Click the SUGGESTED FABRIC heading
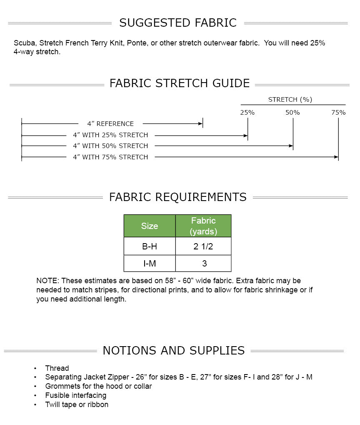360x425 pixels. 178,23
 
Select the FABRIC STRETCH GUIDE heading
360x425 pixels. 180,83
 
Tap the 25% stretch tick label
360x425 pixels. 247,113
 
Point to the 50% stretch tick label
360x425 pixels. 292,113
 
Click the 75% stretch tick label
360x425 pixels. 338,113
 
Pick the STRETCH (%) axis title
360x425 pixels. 290,100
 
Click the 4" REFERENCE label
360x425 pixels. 110,124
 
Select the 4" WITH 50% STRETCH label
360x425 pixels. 110,146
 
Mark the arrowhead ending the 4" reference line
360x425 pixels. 200,123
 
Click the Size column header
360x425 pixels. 150,226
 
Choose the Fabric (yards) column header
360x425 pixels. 203,226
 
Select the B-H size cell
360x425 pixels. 150,246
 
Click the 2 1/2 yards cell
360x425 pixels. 203,246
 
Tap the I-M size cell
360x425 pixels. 150,264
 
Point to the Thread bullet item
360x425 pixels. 57,368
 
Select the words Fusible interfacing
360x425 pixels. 76,395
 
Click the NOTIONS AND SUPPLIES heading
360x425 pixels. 174,350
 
